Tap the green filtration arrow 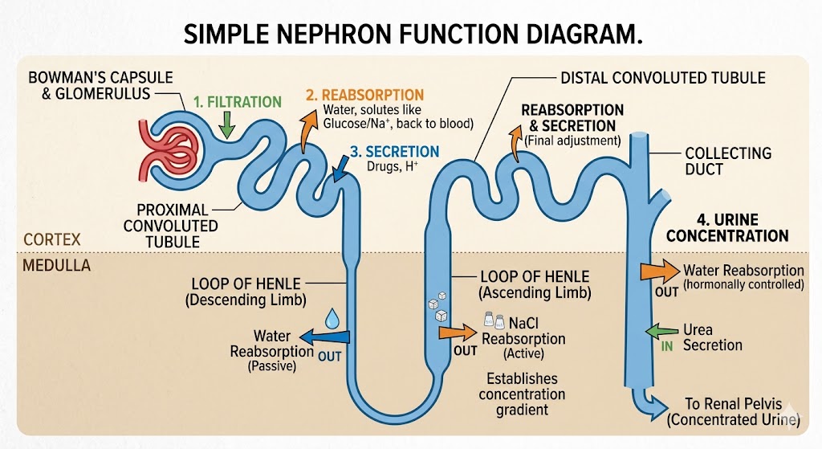point(226,124)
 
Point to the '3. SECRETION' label point(394,152)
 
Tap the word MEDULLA point(55,265)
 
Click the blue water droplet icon point(332,319)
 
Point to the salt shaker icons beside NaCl point(494,320)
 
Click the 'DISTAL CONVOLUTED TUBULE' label point(662,78)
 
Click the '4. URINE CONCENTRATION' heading point(727,227)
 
